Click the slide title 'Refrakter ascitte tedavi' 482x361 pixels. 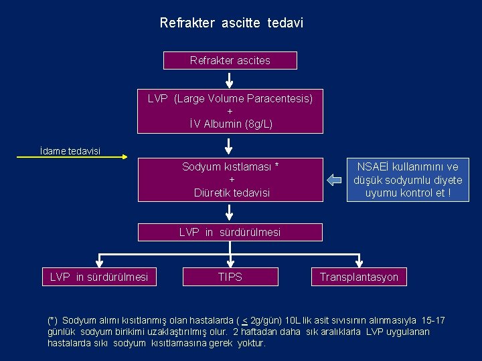point(231,23)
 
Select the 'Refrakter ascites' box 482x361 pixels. point(230,61)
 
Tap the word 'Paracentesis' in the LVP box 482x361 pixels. point(280,98)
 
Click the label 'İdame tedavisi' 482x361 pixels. point(70,151)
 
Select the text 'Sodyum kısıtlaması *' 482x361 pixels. point(230,166)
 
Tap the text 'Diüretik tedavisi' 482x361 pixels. point(232,193)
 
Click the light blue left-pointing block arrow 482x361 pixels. point(335,179)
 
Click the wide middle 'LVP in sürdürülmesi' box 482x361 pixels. point(230,232)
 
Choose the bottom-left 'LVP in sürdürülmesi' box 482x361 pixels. point(99,277)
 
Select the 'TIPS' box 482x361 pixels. point(230,277)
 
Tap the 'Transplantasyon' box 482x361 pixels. point(359,277)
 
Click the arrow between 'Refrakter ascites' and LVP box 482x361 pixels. point(230,80)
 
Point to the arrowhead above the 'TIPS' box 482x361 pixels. point(230,262)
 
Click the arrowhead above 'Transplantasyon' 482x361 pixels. point(359,262)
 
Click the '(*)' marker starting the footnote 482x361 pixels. point(52,320)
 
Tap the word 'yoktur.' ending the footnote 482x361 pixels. point(252,343)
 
